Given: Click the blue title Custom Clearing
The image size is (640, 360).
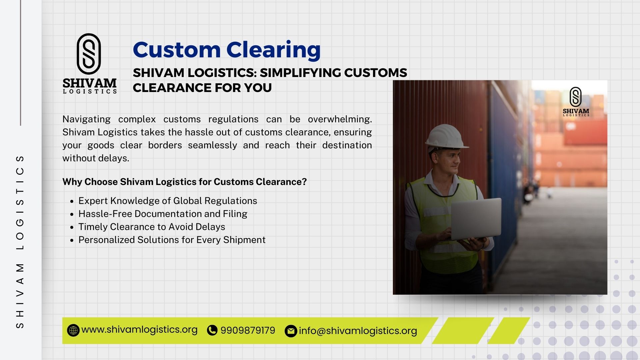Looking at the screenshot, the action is coord(227,50).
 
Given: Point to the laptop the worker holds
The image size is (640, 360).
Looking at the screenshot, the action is coord(476,219).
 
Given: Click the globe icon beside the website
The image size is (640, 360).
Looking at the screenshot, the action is coord(73,330).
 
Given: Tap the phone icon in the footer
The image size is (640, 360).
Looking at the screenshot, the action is coord(212,330).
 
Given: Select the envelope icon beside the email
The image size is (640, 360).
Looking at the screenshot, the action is coord(291,331).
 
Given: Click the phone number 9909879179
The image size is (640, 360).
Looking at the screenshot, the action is coord(248,330).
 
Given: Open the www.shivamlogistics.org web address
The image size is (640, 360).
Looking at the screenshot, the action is coord(139,330).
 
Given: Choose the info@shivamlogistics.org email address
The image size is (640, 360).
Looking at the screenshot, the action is coord(358,331).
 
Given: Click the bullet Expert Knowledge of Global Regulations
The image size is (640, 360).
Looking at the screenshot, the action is coord(168,201).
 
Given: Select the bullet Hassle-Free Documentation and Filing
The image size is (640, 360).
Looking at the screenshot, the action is coord(163,214).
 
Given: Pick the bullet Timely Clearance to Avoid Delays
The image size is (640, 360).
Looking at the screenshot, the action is coord(152,227).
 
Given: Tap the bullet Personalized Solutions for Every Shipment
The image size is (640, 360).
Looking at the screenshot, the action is coord(172,240).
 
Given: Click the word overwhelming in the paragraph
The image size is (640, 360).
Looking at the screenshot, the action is coord(340,119).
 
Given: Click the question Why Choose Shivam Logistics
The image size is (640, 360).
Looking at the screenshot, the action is coord(184,182).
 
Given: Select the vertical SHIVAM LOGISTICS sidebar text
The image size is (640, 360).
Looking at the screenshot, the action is coord(20,241).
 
